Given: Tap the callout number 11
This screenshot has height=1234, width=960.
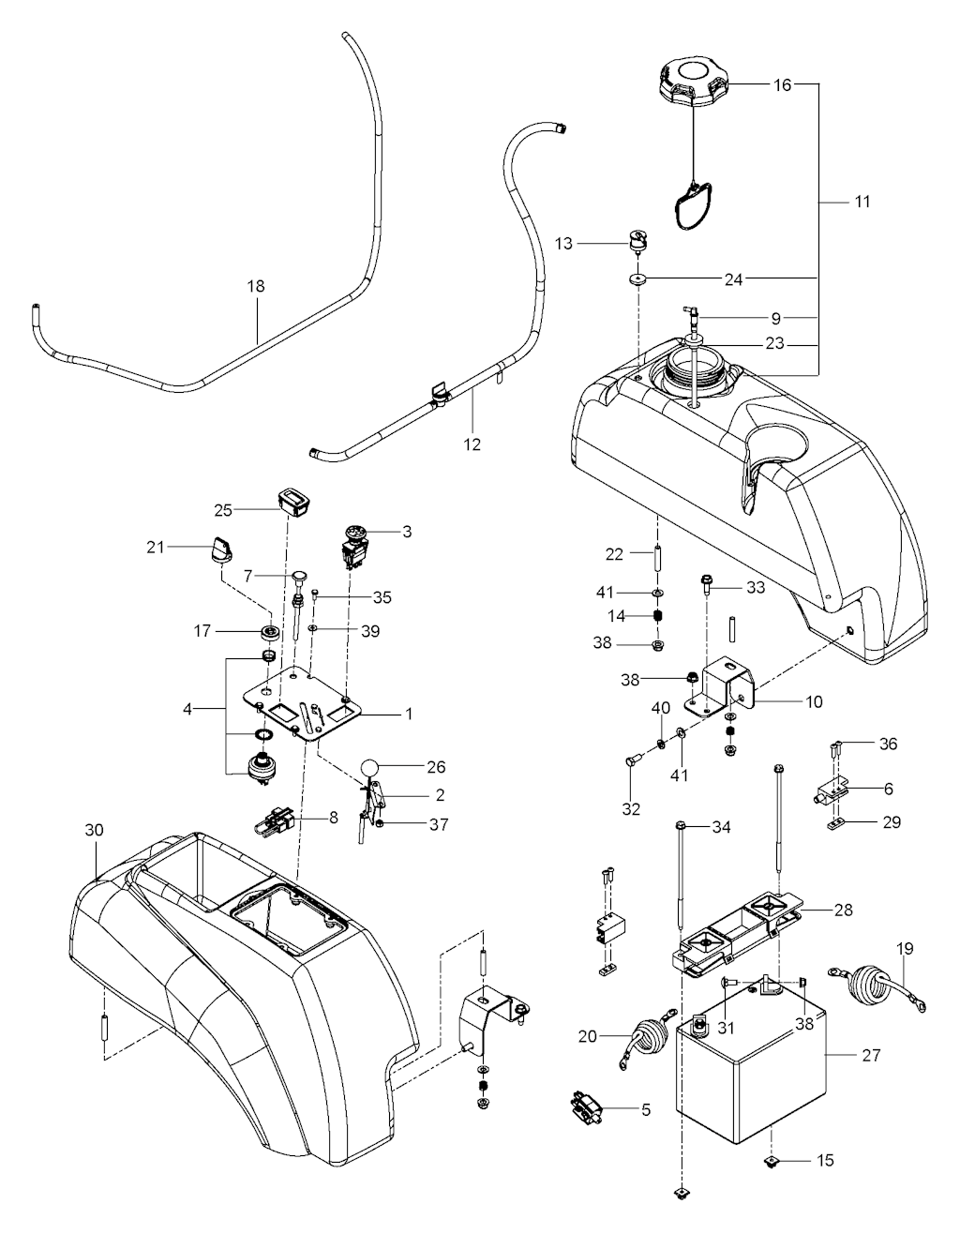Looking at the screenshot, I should (x=862, y=202).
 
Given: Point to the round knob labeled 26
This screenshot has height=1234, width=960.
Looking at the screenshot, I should (x=372, y=767).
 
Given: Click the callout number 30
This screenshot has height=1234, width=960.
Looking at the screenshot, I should (x=95, y=830).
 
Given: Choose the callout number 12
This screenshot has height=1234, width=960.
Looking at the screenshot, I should (x=472, y=444).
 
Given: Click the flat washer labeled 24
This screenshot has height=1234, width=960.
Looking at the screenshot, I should (x=638, y=278).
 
